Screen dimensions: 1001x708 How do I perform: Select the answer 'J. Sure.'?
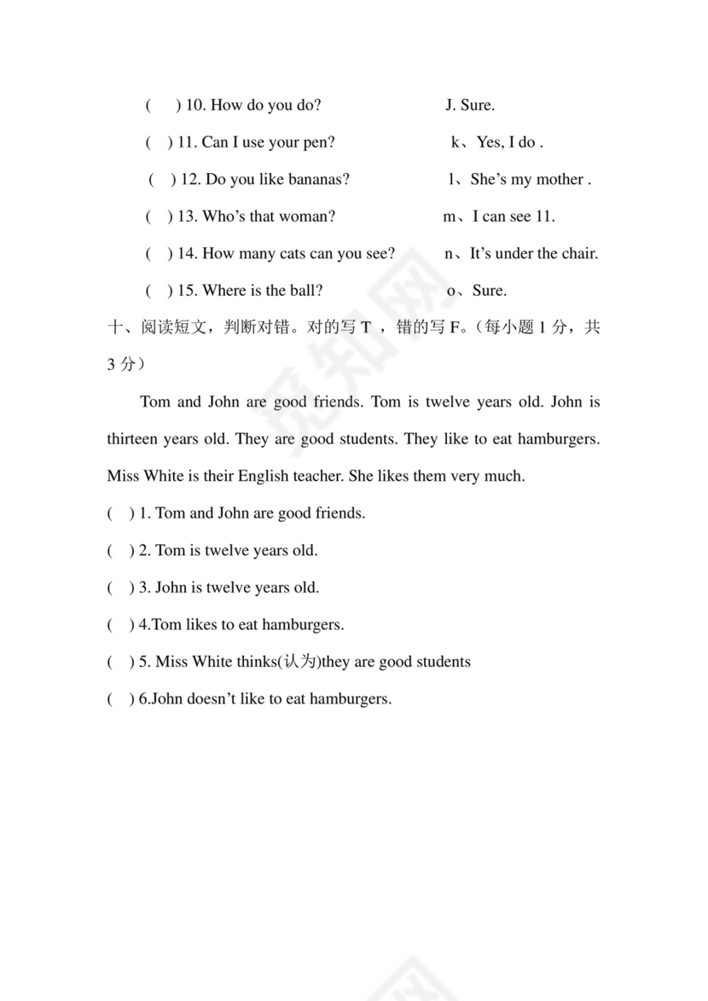470,106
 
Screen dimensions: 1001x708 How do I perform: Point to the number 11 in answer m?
544,217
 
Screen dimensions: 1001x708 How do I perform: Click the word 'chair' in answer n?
577,253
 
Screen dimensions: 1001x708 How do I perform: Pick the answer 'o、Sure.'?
477,291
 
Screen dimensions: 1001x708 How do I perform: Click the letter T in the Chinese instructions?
367,328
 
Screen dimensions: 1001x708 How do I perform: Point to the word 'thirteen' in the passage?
132,439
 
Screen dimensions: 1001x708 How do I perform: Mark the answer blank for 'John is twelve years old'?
120,587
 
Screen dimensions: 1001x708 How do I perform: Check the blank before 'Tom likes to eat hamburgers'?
120,625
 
